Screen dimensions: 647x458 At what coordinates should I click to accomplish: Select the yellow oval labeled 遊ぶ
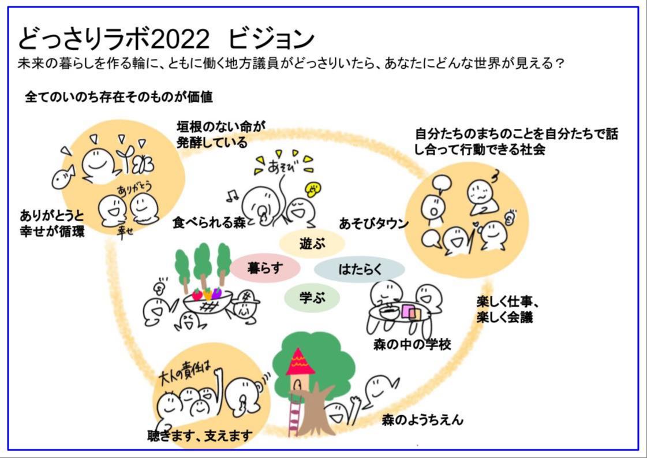coord(312,243)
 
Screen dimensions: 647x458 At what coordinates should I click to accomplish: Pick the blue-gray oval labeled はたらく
coord(360,269)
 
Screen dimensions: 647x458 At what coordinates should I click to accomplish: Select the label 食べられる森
coord(209,223)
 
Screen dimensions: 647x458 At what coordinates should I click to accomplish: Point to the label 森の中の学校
coord(412,345)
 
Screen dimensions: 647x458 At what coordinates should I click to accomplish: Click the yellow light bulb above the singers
coord(314,188)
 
